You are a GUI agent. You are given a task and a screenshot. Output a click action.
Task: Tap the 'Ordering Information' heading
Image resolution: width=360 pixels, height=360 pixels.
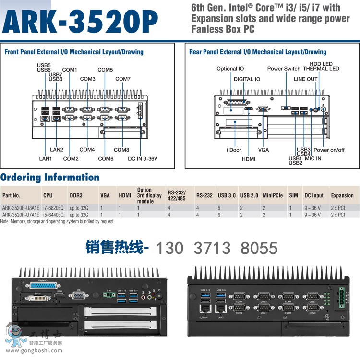tap(50, 177)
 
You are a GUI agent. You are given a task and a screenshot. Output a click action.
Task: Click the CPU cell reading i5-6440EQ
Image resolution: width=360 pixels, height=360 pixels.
tap(53, 215)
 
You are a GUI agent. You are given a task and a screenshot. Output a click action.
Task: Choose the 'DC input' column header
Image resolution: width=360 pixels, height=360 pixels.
tap(314, 195)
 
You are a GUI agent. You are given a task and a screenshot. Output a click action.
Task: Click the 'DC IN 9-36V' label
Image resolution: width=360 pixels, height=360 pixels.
tap(142, 159)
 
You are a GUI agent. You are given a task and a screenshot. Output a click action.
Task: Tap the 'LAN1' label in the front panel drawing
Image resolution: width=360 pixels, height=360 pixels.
tap(46, 159)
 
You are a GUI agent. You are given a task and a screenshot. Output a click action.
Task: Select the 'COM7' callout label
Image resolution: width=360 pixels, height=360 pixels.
tap(123, 79)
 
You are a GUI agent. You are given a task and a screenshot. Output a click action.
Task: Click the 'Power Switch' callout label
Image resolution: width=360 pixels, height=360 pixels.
tap(284, 69)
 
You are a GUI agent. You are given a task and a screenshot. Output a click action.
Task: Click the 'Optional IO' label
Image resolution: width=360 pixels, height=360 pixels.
tap(230, 69)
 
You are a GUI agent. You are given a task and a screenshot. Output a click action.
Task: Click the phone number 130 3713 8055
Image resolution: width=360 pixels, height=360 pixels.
tap(217, 248)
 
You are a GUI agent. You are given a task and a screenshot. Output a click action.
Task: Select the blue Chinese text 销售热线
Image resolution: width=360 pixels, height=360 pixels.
tap(114, 248)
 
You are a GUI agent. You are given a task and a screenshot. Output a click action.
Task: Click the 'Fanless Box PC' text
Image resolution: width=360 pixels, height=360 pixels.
tap(223, 29)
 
